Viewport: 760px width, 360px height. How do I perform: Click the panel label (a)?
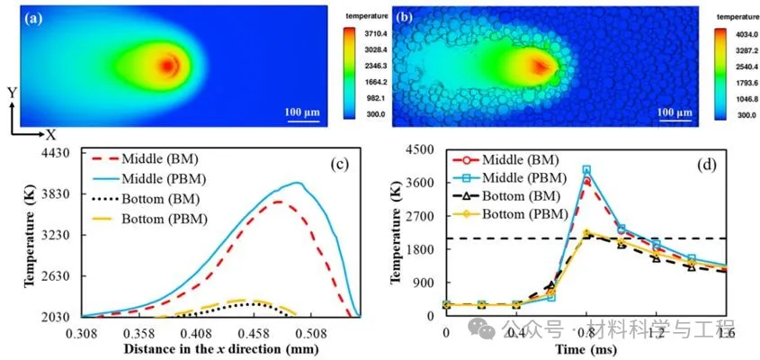pyautogui.click(x=37, y=16)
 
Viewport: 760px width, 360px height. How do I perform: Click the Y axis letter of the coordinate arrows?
pyautogui.click(x=11, y=93)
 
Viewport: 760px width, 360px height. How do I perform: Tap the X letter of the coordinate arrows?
pyautogui.click(x=52, y=134)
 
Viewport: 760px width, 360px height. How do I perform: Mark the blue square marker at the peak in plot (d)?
pyautogui.click(x=586, y=169)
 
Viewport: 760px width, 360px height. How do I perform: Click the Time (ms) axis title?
pyautogui.click(x=585, y=348)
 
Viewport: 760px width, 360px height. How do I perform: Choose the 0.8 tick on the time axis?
pyautogui.click(x=586, y=332)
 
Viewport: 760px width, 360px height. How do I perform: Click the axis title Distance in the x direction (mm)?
pyautogui.click(x=221, y=348)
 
